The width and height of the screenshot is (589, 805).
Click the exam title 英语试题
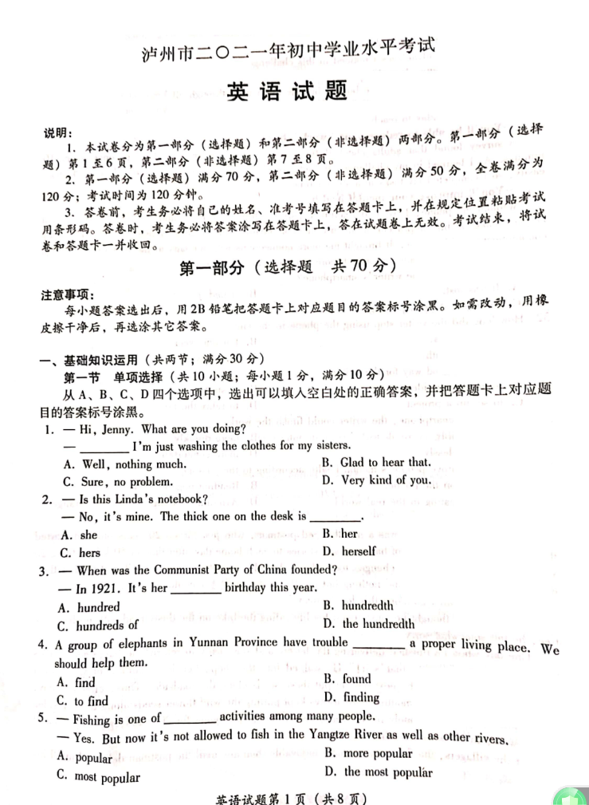(288, 91)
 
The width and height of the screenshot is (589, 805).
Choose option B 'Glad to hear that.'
(375, 462)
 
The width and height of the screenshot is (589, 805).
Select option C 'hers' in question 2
(80, 552)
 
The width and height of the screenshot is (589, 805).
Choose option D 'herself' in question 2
(349, 550)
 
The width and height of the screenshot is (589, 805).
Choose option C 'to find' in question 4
(83, 700)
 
